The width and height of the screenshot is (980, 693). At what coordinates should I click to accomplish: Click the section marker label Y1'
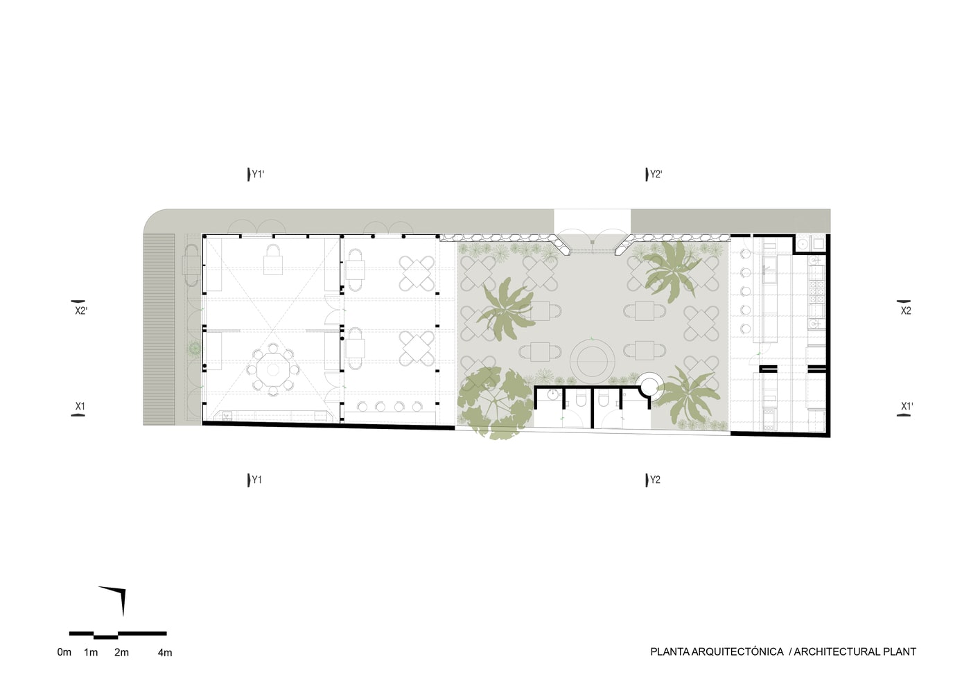point(258,175)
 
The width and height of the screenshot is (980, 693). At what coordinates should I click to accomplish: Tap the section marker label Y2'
point(656,175)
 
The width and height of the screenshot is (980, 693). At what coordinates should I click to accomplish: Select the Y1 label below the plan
point(257,480)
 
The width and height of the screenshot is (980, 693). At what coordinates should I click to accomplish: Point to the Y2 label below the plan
point(655,480)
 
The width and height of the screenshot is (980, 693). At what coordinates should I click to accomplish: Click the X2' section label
point(81,311)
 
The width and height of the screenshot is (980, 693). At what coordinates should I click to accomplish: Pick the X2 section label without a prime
point(906,311)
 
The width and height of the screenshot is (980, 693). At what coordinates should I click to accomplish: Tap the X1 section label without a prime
point(80,406)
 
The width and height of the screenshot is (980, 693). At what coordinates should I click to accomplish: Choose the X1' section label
point(907,406)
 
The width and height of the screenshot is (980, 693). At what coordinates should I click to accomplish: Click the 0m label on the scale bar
point(64,652)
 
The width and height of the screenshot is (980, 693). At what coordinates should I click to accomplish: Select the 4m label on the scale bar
point(165,652)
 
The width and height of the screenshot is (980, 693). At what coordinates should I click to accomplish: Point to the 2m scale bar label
point(121,652)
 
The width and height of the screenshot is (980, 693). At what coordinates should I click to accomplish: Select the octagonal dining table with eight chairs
point(273,370)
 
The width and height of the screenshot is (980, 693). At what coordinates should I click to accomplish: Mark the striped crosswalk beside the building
point(159,329)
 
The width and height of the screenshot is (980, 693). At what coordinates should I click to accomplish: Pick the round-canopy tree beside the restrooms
point(496,403)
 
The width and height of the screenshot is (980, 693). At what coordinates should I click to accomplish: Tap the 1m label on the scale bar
point(91,652)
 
